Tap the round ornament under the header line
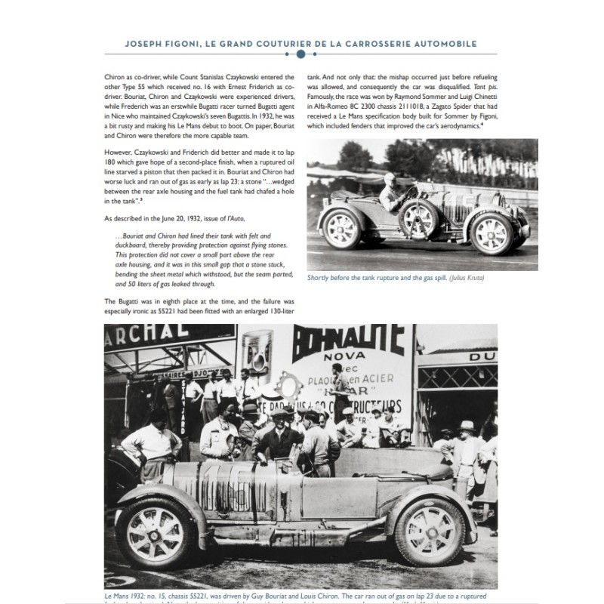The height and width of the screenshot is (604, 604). click(301, 54)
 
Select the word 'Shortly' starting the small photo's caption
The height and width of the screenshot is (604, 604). click(319, 279)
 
